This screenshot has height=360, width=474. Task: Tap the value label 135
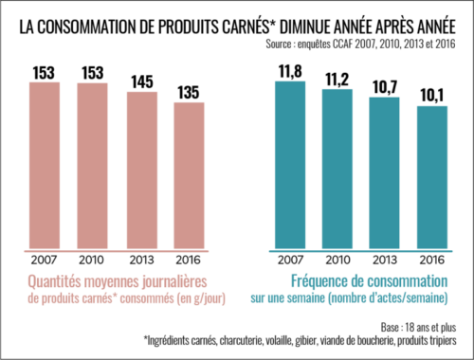tap(190, 92)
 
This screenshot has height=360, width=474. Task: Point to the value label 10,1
tap(432, 96)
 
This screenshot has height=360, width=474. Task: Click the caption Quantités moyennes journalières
tap(118, 281)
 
